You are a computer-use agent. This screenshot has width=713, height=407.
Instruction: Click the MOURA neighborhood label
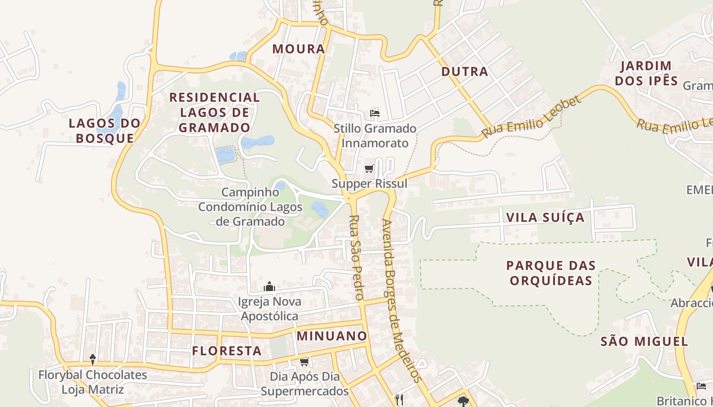pyautogui.click(x=298, y=49)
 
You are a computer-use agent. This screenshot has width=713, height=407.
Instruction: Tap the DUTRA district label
pyautogui.click(x=464, y=72)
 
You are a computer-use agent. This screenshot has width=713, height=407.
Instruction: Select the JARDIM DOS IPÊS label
pyautogui.click(x=646, y=73)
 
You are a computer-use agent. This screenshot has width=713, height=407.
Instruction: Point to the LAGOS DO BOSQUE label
pyautogui.click(x=104, y=130)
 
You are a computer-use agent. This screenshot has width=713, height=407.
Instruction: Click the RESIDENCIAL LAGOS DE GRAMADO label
pyautogui.click(x=214, y=112)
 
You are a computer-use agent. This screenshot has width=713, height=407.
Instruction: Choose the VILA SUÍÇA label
pyautogui.click(x=545, y=218)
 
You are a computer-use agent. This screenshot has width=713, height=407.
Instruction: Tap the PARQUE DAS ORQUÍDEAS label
pyautogui.click(x=551, y=273)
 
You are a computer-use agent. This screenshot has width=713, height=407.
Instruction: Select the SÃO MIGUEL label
pyautogui.click(x=644, y=341)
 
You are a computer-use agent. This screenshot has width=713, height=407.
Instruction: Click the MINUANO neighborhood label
pyautogui.click(x=332, y=336)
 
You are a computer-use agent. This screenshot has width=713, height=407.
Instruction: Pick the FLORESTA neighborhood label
pyautogui.click(x=227, y=351)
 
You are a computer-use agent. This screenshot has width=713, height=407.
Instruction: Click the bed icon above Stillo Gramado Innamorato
pyautogui.click(x=375, y=113)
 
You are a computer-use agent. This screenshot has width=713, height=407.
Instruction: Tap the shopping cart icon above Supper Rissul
pyautogui.click(x=369, y=168)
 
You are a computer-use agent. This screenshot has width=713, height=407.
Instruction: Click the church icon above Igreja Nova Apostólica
pyautogui.click(x=269, y=287)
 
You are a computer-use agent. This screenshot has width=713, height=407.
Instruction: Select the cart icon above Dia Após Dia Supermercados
pyautogui.click(x=305, y=362)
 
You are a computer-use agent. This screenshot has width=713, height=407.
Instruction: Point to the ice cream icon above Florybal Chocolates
pyautogui.click(x=93, y=360)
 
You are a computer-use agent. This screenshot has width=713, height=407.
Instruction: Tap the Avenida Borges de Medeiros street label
pyautogui.click(x=402, y=300)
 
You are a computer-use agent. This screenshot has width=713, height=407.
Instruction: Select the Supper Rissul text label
pyautogui.click(x=369, y=183)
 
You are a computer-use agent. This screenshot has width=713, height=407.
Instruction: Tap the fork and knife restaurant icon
pyautogui.click(x=399, y=400)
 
